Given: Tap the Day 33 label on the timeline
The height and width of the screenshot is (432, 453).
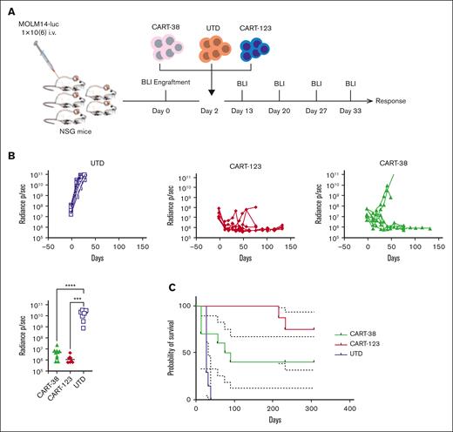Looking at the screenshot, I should click(351, 111).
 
